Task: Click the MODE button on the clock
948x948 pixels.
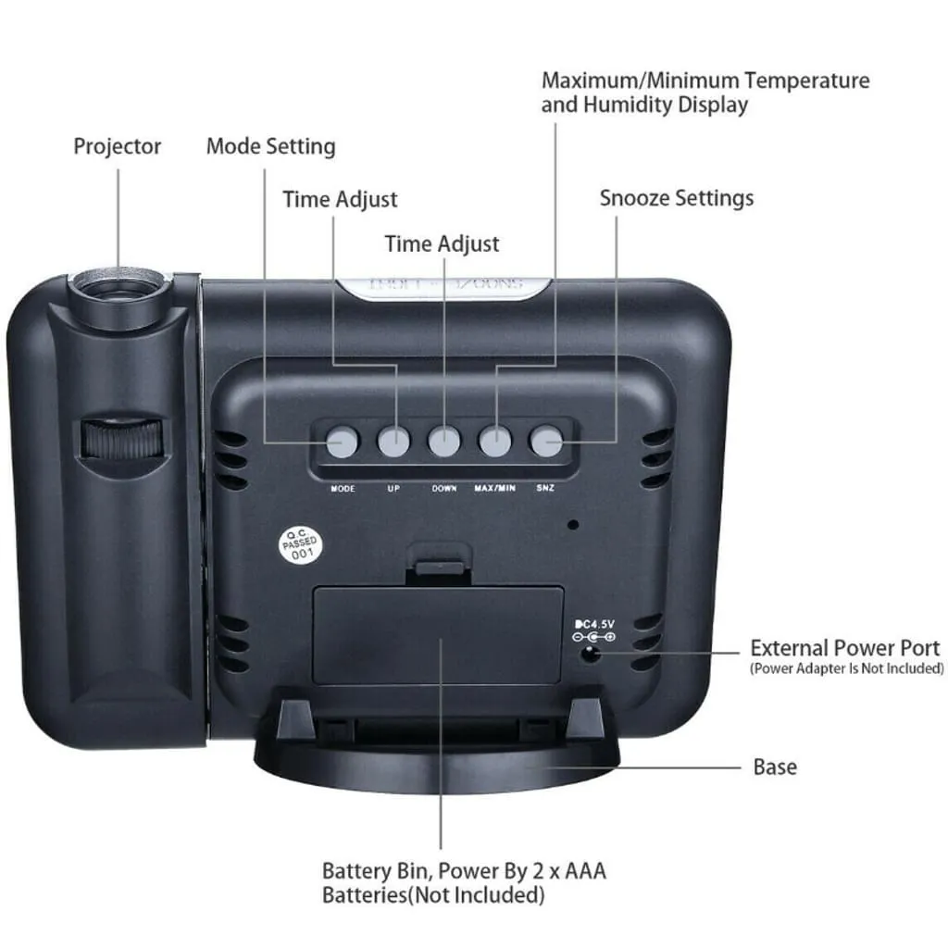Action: click(343, 441)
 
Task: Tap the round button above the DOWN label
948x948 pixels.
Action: click(444, 441)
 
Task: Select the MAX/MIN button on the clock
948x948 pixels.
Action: click(495, 441)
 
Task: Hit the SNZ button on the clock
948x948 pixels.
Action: click(546, 441)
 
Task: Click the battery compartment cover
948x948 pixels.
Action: click(438, 634)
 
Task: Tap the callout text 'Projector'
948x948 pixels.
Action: click(118, 146)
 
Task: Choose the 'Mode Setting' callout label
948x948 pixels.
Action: click(270, 146)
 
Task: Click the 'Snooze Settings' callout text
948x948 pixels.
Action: click(677, 198)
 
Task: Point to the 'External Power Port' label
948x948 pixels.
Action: click(844, 648)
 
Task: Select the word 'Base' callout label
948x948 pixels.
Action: click(775, 767)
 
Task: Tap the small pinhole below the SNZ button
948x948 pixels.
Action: click(573, 524)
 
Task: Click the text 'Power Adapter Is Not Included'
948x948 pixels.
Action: click(846, 668)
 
